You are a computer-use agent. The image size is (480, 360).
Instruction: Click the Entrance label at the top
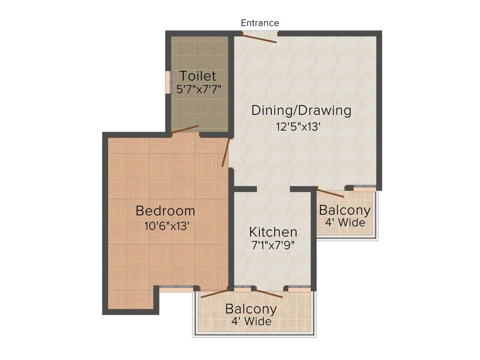point(260,23)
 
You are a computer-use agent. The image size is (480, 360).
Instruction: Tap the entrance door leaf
point(259,38)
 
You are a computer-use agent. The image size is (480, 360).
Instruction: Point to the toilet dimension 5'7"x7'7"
point(199,89)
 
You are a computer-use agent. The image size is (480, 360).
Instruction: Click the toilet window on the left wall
point(168,82)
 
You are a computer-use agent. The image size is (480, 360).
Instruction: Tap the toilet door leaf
point(185,130)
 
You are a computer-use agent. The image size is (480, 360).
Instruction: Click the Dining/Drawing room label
point(301,111)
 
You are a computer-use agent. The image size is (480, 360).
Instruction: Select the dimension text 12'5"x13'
point(298,127)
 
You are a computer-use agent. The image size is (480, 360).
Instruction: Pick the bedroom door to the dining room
point(225,152)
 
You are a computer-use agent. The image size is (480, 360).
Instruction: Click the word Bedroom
point(165,211)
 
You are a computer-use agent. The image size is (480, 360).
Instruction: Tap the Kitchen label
point(273,232)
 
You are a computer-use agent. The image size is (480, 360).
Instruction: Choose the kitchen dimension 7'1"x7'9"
point(273,246)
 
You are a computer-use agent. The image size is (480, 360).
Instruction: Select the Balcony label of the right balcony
point(345,210)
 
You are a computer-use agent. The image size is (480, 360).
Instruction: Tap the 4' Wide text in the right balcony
point(345,222)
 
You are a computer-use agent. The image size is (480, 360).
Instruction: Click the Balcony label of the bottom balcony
point(251,309)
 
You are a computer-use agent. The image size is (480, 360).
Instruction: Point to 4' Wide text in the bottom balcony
point(251,321)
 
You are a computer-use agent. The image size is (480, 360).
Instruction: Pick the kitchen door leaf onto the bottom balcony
point(269,293)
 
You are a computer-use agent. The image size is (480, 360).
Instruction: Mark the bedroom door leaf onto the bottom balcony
point(214,293)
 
